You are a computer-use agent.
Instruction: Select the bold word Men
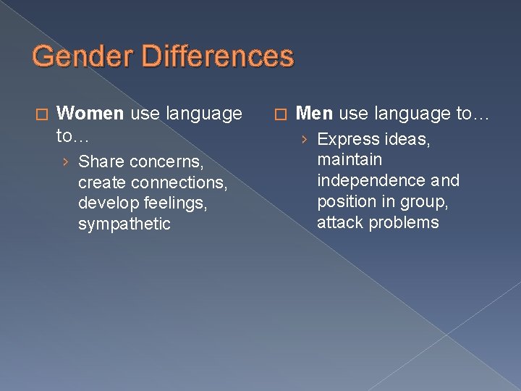tap(315, 114)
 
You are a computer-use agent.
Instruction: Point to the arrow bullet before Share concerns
tap(66, 161)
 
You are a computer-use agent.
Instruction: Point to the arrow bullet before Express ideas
tap(305, 139)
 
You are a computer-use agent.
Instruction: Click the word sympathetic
tap(124, 224)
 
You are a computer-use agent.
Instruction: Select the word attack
tap(340, 222)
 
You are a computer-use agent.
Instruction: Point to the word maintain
tap(349, 159)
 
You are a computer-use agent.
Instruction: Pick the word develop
tap(106, 203)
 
